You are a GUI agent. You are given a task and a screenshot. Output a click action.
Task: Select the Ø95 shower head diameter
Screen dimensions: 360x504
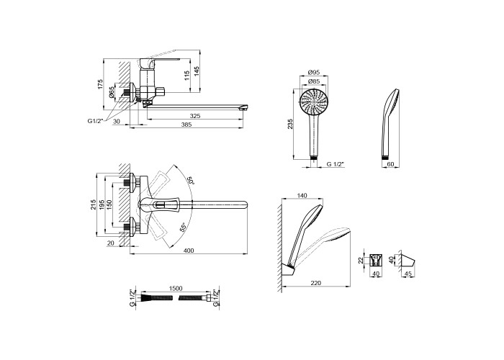[x=314, y=72]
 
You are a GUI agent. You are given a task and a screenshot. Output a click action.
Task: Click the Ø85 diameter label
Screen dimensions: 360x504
[x=314, y=81]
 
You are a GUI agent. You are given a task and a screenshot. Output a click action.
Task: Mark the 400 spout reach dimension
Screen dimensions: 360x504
[x=189, y=250]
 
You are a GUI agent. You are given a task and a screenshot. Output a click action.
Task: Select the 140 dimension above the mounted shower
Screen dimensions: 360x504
[x=301, y=197]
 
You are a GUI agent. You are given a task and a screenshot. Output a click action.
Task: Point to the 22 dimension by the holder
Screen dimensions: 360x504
[x=360, y=260]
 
